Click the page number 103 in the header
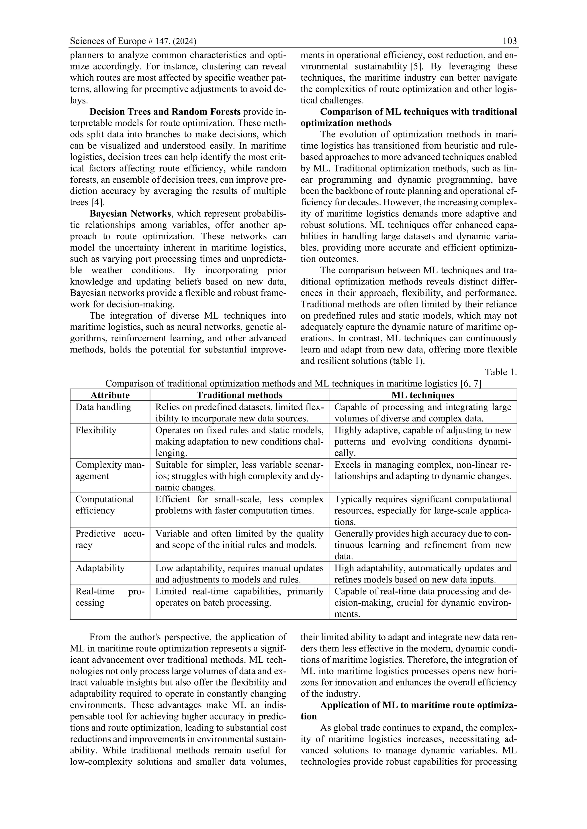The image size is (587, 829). [x=509, y=41]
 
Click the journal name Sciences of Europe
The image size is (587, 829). [x=108, y=41]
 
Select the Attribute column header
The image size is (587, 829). [x=110, y=395]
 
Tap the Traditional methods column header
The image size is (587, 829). [x=239, y=395]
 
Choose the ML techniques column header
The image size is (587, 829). [x=422, y=395]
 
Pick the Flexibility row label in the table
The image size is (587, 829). [x=96, y=430]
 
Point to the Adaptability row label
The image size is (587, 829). [x=100, y=568]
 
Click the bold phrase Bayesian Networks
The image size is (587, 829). [x=130, y=214]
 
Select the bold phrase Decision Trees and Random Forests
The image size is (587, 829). [x=165, y=112]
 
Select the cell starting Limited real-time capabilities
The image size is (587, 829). [x=239, y=597]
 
